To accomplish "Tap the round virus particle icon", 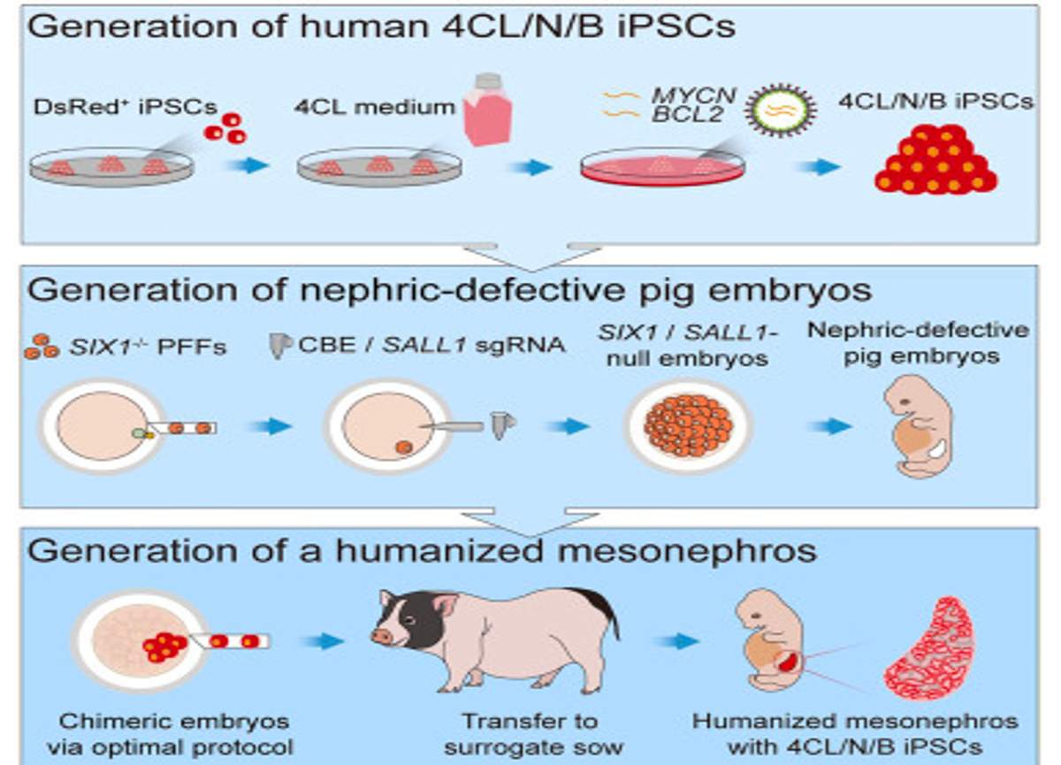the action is pos(780,110).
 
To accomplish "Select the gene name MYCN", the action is pos(693,96).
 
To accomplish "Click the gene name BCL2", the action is pos(687,115).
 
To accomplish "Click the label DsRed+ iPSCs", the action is pos(125,107).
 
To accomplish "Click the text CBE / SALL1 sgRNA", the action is pos(431,345).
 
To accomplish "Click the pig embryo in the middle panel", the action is pos(918,426).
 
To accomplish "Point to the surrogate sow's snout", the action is pos(382,636).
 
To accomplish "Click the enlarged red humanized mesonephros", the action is pos(927,648).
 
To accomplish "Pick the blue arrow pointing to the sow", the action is pos(322,641).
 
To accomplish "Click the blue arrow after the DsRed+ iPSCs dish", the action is pos(248,165).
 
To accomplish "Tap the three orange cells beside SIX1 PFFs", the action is pos(42,347).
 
